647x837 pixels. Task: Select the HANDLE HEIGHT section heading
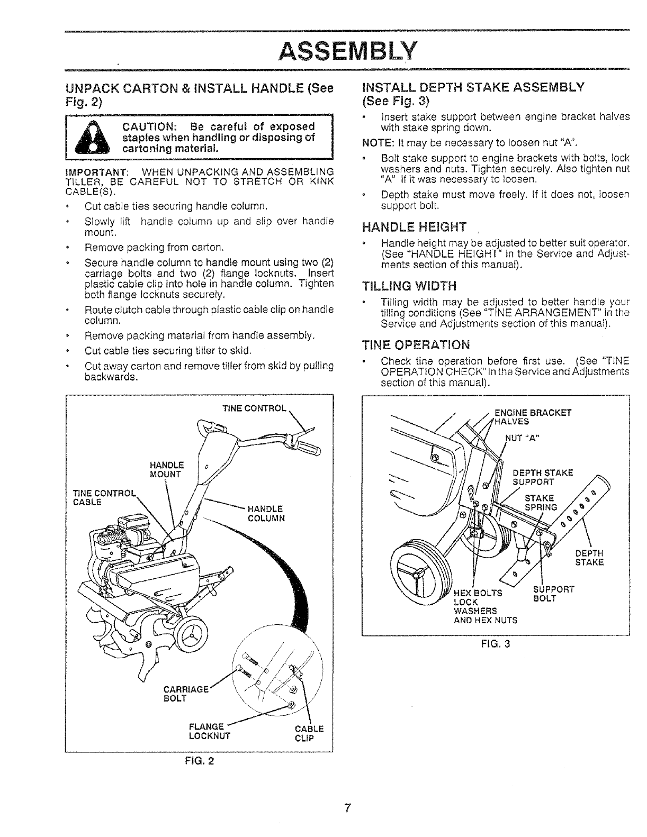pos(414,228)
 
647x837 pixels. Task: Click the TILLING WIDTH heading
pos(409,286)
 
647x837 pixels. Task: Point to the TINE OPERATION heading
pos(416,345)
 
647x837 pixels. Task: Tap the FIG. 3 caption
pos(496,644)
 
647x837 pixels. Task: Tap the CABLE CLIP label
pos(309,733)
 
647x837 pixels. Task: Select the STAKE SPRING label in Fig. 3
pos(540,503)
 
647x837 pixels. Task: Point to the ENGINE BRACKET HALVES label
pos(532,417)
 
